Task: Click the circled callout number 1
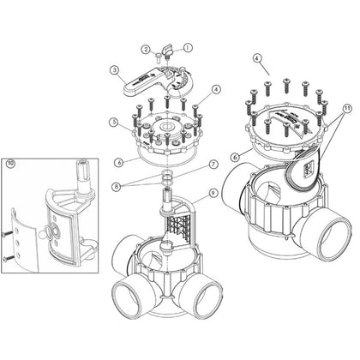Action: (188, 47)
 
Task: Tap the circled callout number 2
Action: (146, 50)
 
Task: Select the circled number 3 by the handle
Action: (115, 70)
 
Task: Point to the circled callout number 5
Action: (114, 122)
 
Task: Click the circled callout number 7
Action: (213, 165)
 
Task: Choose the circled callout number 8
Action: (117, 187)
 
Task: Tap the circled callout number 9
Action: (213, 193)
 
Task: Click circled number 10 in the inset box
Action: (10, 164)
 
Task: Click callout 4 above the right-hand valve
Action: (257, 58)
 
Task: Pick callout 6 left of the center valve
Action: (118, 163)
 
